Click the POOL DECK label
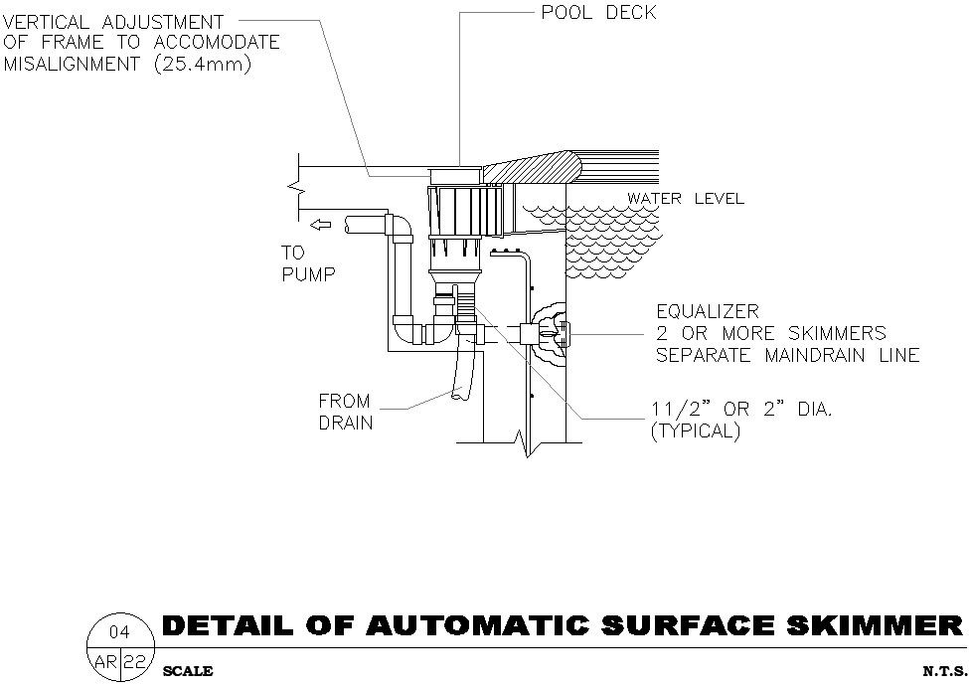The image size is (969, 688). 598,14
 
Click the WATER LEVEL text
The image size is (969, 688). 685,199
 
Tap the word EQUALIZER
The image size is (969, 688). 707,312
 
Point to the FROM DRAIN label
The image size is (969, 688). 344,412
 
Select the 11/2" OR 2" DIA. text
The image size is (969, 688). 740,410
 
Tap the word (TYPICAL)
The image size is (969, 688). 695,433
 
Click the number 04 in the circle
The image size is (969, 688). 118,632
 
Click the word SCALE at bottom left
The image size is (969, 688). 187,672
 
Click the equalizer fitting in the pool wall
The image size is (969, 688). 547,334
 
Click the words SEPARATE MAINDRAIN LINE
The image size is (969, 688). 787,355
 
